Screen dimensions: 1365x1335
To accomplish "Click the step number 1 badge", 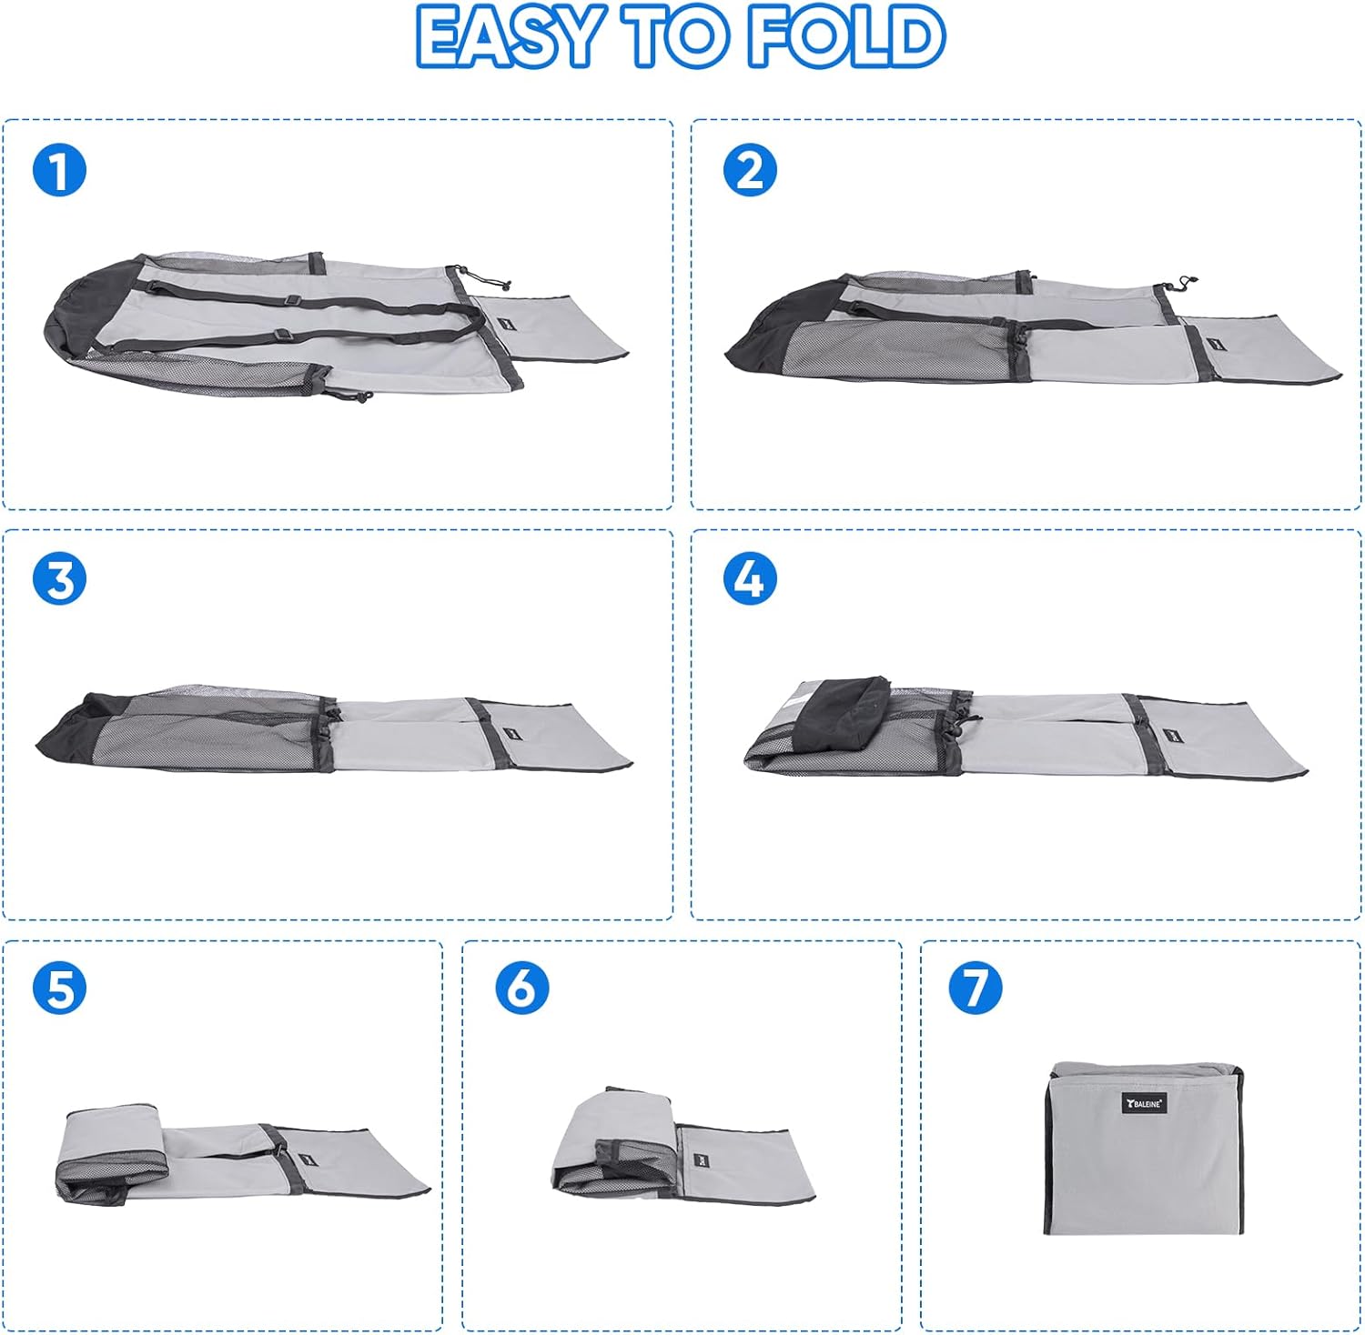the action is (x=59, y=170).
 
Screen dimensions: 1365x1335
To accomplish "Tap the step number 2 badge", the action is (x=750, y=170).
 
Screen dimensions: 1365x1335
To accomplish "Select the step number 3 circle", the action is (x=59, y=579).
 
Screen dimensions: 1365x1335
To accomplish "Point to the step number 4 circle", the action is (x=750, y=579).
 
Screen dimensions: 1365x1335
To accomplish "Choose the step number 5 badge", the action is (x=59, y=989).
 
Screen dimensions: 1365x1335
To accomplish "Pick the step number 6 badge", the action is (x=522, y=989).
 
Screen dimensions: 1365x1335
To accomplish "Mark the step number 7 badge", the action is (x=976, y=989).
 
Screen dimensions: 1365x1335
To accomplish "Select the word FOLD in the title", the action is (x=846, y=36).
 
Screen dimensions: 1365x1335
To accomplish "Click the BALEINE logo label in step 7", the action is (x=1144, y=1103).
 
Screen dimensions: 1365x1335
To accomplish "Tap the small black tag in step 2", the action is (x=1216, y=344).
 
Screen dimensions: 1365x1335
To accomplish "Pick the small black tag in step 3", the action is (x=508, y=734).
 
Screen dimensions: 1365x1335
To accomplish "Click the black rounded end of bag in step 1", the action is (x=86, y=309).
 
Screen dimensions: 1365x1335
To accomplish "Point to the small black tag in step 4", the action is (x=1170, y=735).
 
